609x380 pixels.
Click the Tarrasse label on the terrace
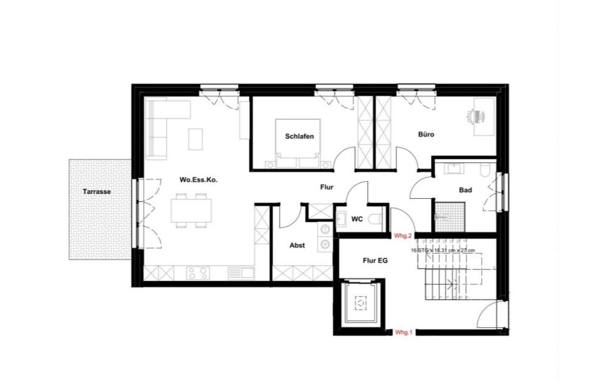pos(97,192)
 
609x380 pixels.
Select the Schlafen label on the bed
pos(299,137)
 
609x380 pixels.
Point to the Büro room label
pos(426,134)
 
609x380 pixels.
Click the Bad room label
pos(465,190)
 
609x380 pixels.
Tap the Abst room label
pos(297,246)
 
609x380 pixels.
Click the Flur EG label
pos(375,260)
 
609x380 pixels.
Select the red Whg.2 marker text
pos(404,235)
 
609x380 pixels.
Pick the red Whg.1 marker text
pos(404,333)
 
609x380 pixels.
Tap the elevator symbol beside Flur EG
pos(361,302)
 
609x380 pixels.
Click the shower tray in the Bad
pos(449,212)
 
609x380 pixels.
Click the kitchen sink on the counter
pos(242,273)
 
